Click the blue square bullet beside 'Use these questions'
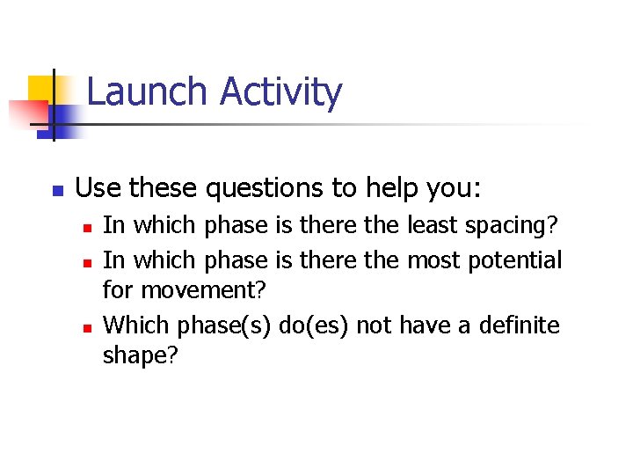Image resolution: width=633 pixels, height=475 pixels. (55, 190)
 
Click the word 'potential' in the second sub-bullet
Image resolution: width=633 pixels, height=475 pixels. (514, 261)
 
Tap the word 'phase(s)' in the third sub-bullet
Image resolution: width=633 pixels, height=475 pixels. (224, 326)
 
